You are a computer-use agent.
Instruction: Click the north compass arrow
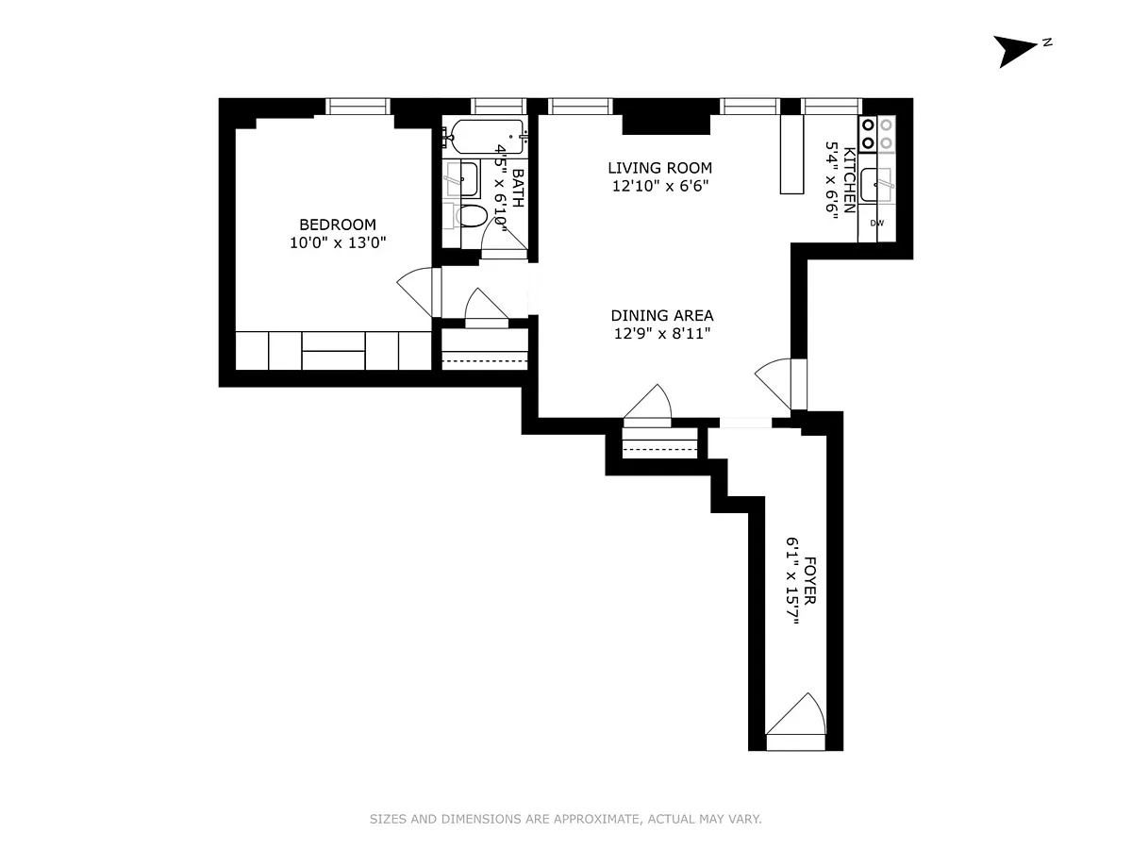[x=1011, y=52]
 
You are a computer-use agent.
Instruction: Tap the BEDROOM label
[x=338, y=225]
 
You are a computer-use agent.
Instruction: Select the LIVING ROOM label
[x=659, y=168]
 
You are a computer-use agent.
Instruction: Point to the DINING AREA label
[x=662, y=315]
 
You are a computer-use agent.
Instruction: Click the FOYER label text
[x=809, y=581]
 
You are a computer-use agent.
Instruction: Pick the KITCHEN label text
[x=849, y=180]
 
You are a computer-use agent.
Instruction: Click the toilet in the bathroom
[x=472, y=217]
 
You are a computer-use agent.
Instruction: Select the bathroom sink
[x=462, y=179]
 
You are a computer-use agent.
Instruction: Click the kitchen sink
[x=876, y=184]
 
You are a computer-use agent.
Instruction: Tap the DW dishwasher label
[x=876, y=224]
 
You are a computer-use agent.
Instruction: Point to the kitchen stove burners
[x=876, y=134]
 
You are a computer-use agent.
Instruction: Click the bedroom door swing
[x=415, y=291]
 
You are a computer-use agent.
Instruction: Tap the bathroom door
[x=504, y=239]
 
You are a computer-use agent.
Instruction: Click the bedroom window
[x=358, y=107]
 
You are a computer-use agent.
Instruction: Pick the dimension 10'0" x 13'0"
[x=338, y=242]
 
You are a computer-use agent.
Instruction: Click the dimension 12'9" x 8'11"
[x=662, y=334]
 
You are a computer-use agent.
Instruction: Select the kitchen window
[x=831, y=107]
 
